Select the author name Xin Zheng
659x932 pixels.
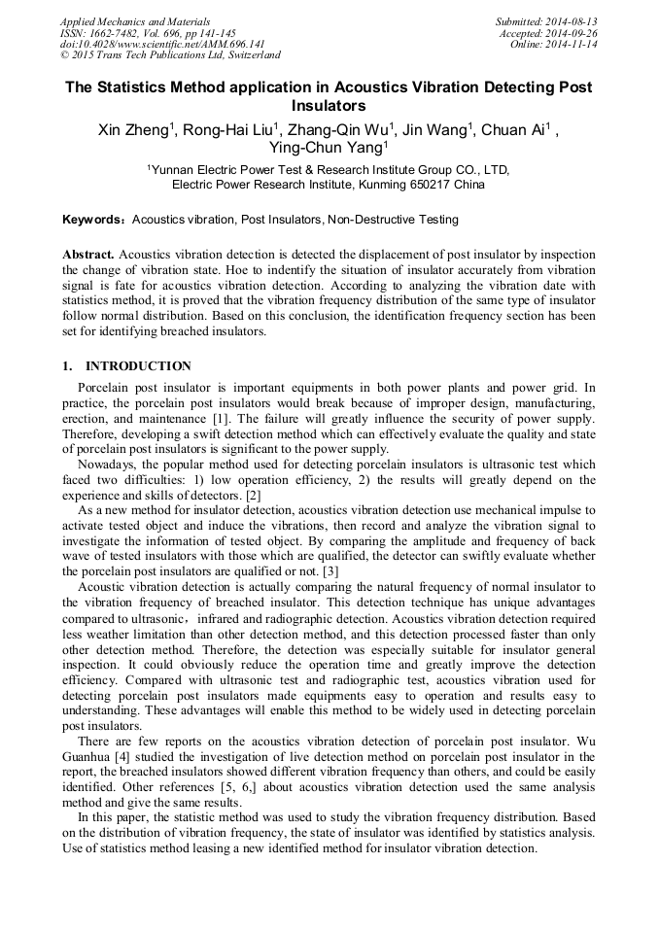click(x=133, y=129)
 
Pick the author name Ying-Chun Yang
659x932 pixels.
click(x=327, y=148)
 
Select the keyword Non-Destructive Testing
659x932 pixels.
click(x=394, y=221)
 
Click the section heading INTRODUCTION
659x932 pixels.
click(x=138, y=366)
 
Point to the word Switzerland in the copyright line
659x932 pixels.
click(x=248, y=56)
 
